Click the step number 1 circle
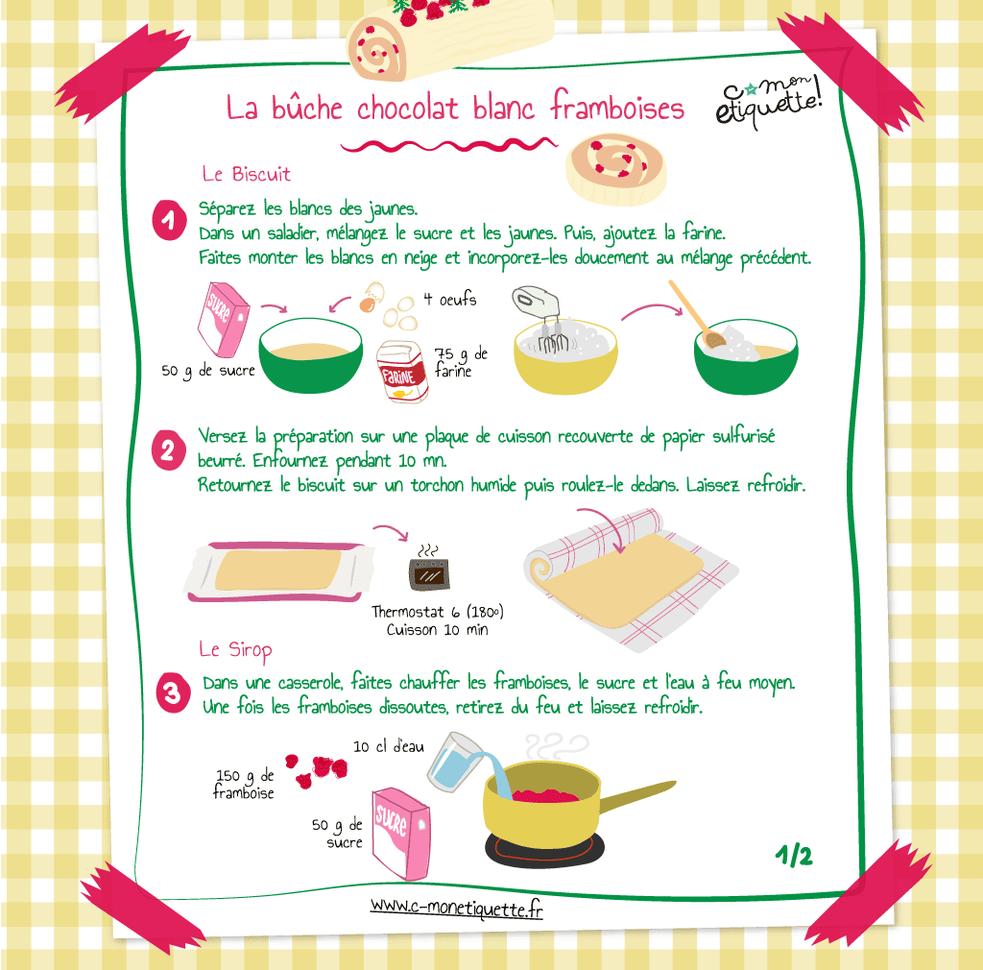click(x=169, y=221)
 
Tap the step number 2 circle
click(x=169, y=450)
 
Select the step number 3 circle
click(x=173, y=694)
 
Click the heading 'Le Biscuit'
click(x=246, y=175)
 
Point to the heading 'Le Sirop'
click(x=235, y=649)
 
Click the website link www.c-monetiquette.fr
click(x=456, y=906)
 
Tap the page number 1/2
click(x=794, y=855)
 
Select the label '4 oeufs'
click(x=449, y=300)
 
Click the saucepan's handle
click(x=638, y=797)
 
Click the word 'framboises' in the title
click(x=617, y=108)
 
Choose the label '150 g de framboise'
click(x=245, y=784)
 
